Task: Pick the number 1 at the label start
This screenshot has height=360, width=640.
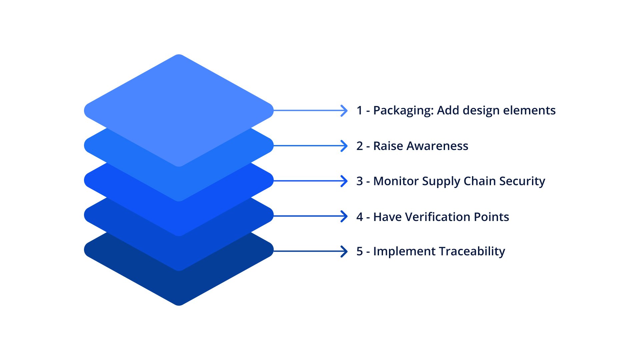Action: pyautogui.click(x=359, y=110)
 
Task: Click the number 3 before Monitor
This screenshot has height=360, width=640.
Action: pyautogui.click(x=359, y=181)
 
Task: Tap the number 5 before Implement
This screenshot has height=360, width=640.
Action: pyautogui.click(x=359, y=251)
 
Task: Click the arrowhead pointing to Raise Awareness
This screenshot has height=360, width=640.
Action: pyautogui.click(x=344, y=146)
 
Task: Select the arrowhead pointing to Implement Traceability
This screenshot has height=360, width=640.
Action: pyautogui.click(x=344, y=251)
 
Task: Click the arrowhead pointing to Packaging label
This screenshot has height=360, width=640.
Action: pyautogui.click(x=344, y=110)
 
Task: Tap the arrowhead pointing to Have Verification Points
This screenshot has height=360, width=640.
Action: pyautogui.click(x=344, y=216)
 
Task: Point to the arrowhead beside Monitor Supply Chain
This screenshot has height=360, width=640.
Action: pyautogui.click(x=344, y=181)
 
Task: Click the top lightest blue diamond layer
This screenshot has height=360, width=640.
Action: pyautogui.click(x=179, y=100)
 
